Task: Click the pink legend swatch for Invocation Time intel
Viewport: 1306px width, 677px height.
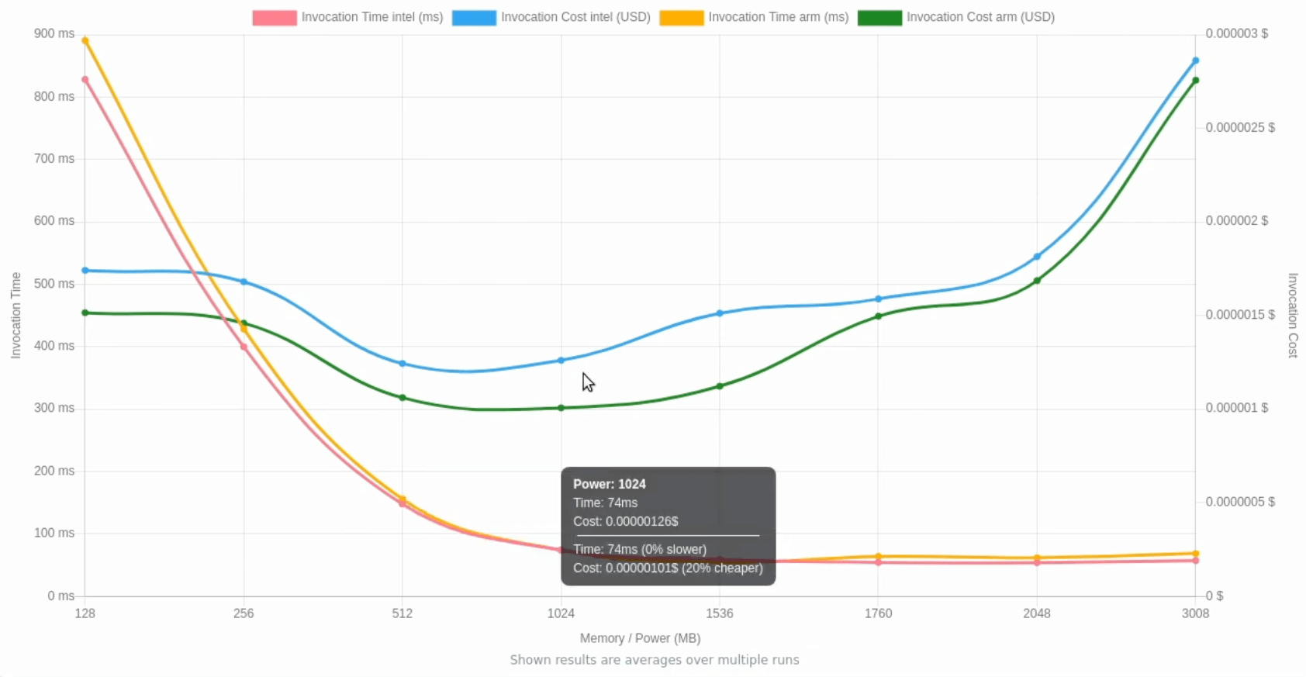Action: (x=275, y=17)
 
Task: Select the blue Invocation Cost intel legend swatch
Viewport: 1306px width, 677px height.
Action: (x=474, y=17)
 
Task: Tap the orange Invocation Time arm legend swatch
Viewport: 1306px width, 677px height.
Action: (x=682, y=17)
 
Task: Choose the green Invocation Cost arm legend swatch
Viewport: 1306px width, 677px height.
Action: (x=879, y=17)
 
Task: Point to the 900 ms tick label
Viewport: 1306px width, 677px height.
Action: (x=54, y=33)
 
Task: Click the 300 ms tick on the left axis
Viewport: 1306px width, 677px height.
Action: (x=54, y=408)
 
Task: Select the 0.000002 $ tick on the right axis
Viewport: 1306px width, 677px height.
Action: (x=1236, y=221)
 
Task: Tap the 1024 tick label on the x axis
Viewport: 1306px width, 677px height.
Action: (x=561, y=613)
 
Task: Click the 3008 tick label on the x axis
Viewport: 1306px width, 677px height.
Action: (x=1195, y=613)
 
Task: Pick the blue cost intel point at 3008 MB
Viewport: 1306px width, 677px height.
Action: (x=1195, y=60)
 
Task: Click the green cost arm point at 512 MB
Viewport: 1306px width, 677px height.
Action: (x=403, y=398)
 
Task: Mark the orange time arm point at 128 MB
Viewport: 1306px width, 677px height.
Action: (x=85, y=40)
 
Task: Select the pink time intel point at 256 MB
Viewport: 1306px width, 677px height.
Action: (x=244, y=347)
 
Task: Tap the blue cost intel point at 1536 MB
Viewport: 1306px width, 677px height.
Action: (x=720, y=313)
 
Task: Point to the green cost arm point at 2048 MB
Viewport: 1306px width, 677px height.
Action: (x=1037, y=281)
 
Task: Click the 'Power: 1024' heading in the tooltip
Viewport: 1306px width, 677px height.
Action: (x=610, y=484)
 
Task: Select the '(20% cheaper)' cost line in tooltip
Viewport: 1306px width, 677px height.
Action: (x=668, y=568)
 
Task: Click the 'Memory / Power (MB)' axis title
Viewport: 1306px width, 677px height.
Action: (x=640, y=638)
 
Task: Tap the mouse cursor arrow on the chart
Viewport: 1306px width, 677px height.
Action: (x=588, y=382)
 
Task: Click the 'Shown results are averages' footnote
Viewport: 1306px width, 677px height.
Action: (x=654, y=660)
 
